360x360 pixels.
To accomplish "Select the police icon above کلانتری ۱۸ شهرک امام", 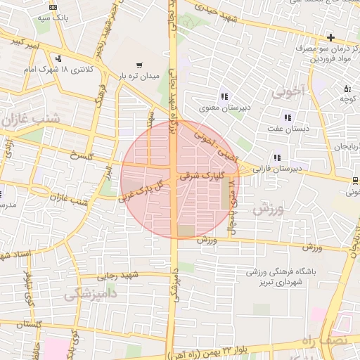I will click(59, 58).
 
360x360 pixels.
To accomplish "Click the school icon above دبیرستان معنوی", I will click(224, 96).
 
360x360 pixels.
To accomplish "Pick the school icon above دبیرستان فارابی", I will click(278, 157).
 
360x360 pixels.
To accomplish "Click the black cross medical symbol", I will click(330, 37).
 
